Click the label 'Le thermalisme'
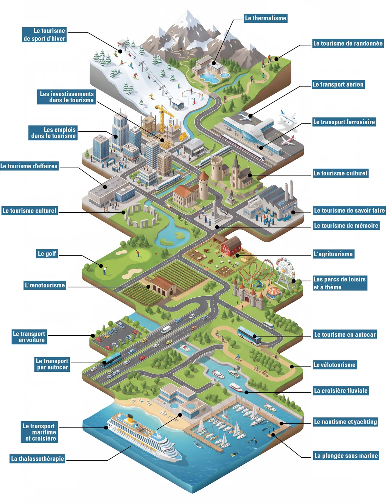pyautogui.click(x=265, y=18)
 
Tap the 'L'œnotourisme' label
pyautogui.click(x=45, y=285)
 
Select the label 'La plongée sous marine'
pyautogui.click(x=346, y=456)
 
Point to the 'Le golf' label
pyautogui.click(x=47, y=254)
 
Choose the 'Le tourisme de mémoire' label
pyautogui.click(x=346, y=226)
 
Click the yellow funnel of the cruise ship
pyautogui.click(x=130, y=418)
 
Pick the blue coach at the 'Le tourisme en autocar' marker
pyautogui.click(x=249, y=336)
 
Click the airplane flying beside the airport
pyautogui.click(x=288, y=117)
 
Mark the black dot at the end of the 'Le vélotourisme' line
pyautogui.click(x=292, y=367)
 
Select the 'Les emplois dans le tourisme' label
pyautogui.click(x=53, y=133)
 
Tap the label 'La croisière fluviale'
pyautogui.click(x=341, y=391)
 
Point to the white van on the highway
pyautogui.click(x=166, y=330)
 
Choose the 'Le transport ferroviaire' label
pyautogui.click(x=344, y=122)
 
